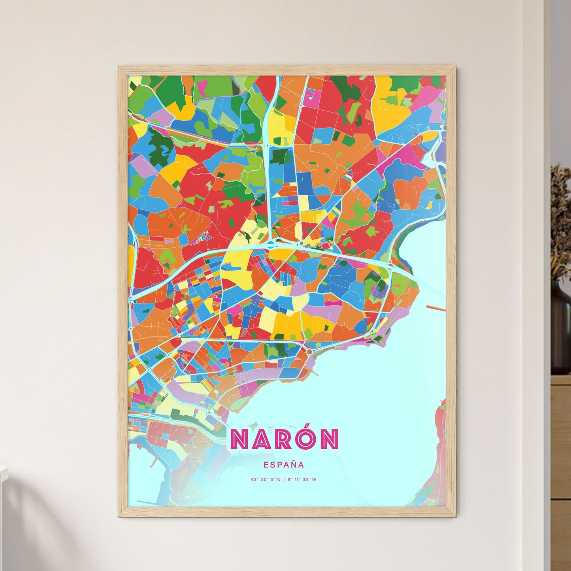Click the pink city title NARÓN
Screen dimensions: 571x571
point(284,439)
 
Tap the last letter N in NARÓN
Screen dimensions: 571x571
point(330,439)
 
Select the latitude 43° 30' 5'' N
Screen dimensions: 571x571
point(265,480)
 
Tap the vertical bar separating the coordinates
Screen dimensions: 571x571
point(284,480)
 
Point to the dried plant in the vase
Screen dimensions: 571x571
point(561,221)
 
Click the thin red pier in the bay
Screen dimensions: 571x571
point(436,307)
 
